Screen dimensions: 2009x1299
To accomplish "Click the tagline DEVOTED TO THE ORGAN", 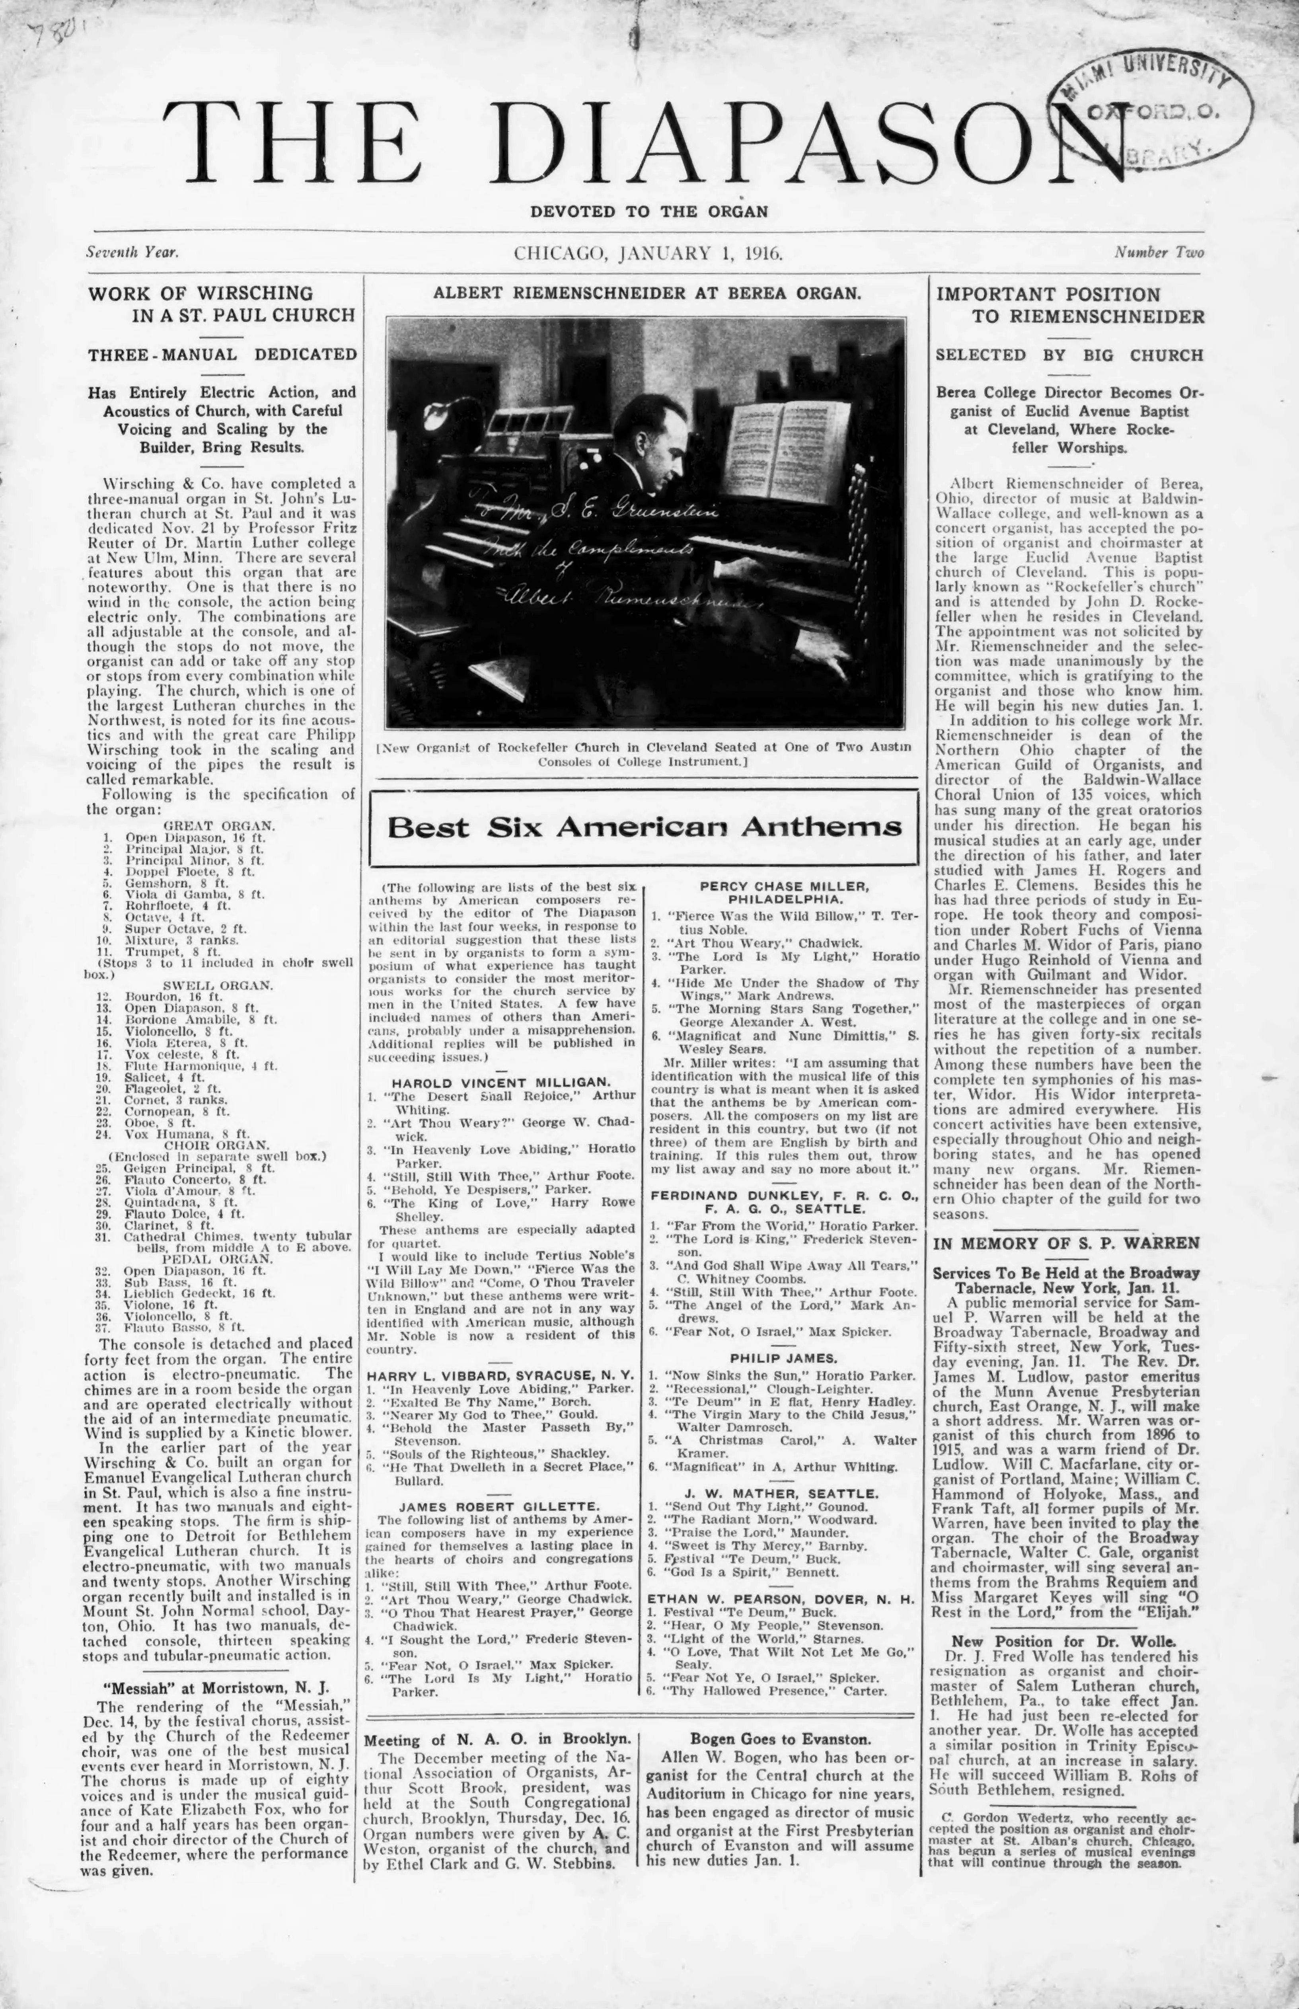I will (x=649, y=212).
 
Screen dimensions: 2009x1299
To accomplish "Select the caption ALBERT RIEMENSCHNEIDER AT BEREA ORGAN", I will (x=646, y=293).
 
